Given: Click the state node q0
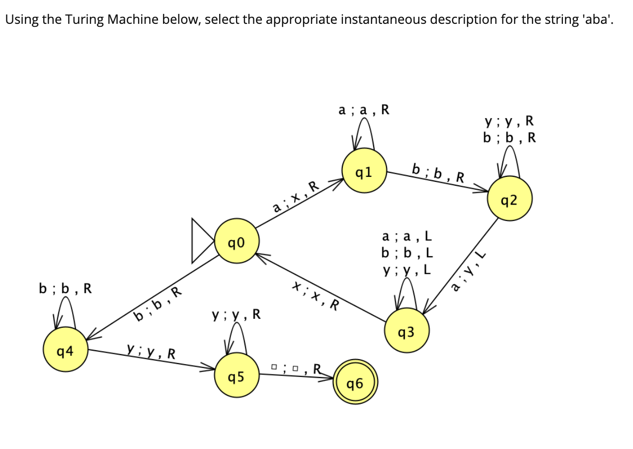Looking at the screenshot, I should point(236,242).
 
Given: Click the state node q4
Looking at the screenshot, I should point(65,352).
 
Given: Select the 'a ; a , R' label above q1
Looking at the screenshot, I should point(364,110).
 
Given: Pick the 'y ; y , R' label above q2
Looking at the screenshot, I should point(509,121).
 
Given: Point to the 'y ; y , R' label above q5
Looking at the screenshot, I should point(236,314).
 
